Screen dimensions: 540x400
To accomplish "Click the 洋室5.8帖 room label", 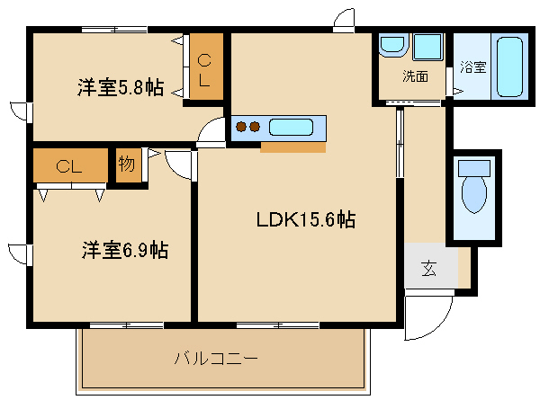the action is tap(121, 87).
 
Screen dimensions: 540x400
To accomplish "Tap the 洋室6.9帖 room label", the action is tap(125, 250).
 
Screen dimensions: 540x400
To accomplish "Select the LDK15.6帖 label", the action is tap(306, 219).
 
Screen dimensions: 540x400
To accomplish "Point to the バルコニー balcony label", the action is tap(216, 359).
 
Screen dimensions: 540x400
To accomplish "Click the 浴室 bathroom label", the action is tap(472, 67).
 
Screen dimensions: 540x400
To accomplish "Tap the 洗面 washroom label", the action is tap(415, 76).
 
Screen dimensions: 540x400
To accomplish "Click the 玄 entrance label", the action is tap(429, 268).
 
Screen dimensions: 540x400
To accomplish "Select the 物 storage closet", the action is tap(128, 165).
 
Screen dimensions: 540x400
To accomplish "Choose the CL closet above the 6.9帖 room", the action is tap(70, 165).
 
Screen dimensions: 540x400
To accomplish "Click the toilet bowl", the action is tap(474, 195).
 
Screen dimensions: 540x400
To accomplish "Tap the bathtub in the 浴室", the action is tap(509, 67).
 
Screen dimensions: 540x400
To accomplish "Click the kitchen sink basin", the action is tap(291, 128).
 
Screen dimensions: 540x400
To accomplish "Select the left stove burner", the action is tap(241, 127).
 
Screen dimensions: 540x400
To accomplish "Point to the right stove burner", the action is tap(254, 127).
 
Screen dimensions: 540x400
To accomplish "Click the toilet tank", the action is tap(474, 168).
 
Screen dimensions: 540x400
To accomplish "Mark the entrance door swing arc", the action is tap(437, 325).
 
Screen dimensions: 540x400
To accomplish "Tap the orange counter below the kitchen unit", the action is tap(293, 147).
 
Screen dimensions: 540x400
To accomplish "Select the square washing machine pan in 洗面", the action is tap(427, 47).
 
